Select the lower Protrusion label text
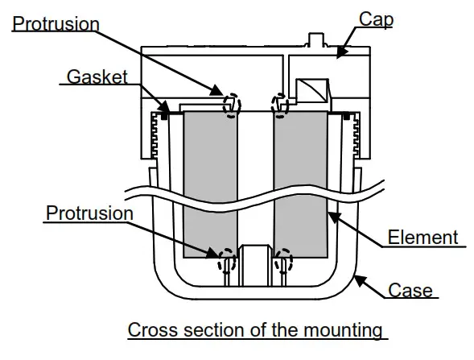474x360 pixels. (x=89, y=213)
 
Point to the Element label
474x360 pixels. (x=422, y=238)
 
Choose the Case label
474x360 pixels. (x=410, y=290)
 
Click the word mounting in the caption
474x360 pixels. (x=338, y=331)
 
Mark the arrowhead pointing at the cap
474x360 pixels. (x=341, y=52)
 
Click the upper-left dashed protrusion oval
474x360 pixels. (x=232, y=104)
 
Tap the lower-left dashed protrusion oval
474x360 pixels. (x=228, y=260)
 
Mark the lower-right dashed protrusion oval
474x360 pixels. (x=283, y=260)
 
